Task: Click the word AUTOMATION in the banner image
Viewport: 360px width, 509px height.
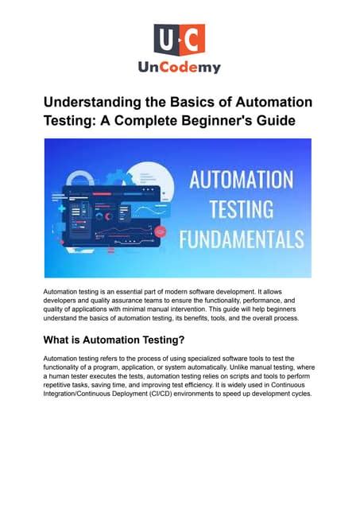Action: point(242,179)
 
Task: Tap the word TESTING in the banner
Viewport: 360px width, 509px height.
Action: point(242,208)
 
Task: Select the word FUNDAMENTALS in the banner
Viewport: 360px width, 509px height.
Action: point(242,238)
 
